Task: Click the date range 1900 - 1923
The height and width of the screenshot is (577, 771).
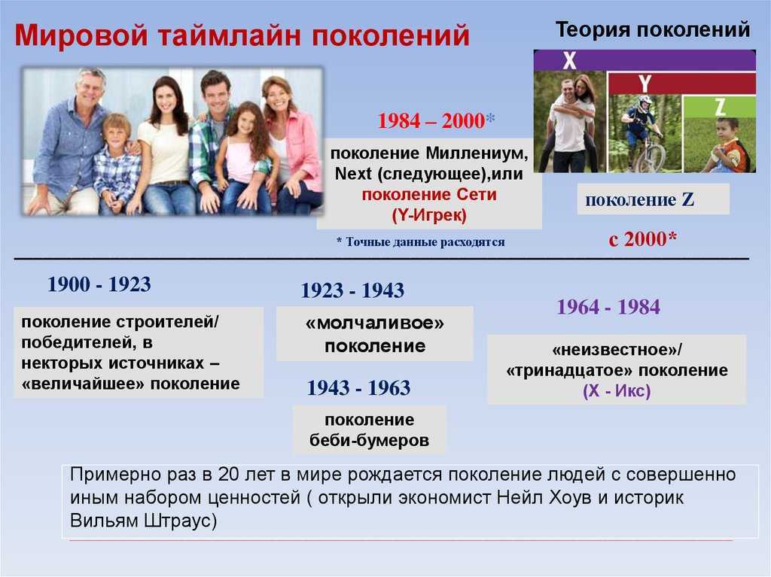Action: [x=99, y=284]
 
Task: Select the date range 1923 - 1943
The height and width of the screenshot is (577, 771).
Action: [x=352, y=290]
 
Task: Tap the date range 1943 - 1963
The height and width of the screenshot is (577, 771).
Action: [x=358, y=387]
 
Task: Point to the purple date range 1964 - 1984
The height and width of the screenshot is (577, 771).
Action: [x=608, y=307]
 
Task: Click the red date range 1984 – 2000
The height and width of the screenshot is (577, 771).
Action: [x=431, y=121]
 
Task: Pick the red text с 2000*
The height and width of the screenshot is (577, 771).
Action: [x=643, y=239]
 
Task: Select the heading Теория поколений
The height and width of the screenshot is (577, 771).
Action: [x=653, y=29]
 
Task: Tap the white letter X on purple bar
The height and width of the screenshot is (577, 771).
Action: [x=569, y=60]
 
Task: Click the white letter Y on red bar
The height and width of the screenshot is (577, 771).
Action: [x=645, y=84]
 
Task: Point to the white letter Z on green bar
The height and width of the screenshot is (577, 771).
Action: [x=720, y=107]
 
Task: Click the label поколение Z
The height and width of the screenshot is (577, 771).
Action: [x=639, y=199]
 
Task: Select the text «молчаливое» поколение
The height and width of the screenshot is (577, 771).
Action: [x=375, y=335]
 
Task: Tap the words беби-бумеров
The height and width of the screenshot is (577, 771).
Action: [x=369, y=440]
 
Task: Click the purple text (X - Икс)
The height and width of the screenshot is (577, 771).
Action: [x=617, y=391]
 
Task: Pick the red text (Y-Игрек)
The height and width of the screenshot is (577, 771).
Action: [x=429, y=215]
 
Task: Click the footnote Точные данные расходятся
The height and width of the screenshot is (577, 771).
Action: [x=425, y=241]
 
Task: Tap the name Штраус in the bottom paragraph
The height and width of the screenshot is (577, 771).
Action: [x=180, y=521]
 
